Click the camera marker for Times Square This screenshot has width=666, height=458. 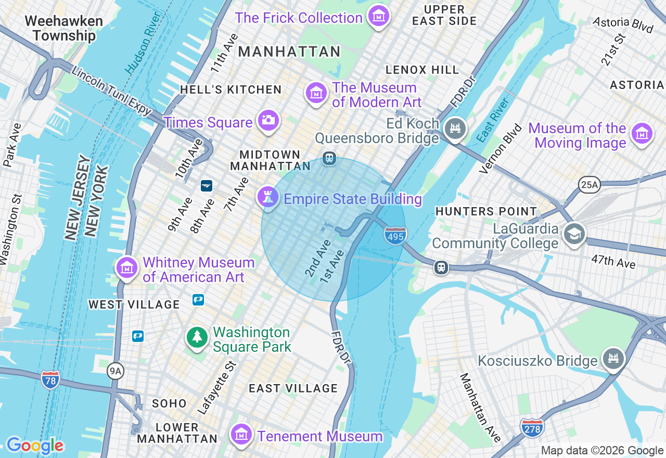point(268,120)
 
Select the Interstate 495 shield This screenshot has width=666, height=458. point(395,236)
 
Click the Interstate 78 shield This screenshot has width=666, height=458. point(50,378)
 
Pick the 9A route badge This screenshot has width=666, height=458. point(116,371)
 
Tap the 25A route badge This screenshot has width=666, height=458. point(589,184)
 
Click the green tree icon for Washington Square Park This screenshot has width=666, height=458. point(197,337)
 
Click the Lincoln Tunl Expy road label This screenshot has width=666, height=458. point(111,91)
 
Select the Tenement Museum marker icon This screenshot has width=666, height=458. point(241,434)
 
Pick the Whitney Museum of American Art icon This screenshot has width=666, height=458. point(127,268)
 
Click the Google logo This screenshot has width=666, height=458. point(35,446)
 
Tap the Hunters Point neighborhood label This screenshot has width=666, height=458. point(485,211)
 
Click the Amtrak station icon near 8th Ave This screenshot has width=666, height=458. point(207,185)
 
